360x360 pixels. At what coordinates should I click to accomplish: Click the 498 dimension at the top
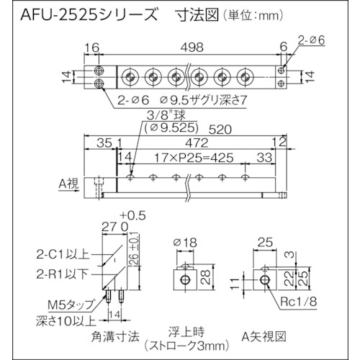click(x=192, y=48)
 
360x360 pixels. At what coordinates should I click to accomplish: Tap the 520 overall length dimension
click(x=220, y=130)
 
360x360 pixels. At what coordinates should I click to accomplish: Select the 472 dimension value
click(x=197, y=143)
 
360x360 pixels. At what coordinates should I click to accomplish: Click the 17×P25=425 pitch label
click(x=194, y=158)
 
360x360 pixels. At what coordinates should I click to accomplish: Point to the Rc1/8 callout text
click(x=298, y=302)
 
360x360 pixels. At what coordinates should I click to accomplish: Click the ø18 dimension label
click(x=186, y=243)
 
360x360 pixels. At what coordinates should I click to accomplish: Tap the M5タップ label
click(x=71, y=305)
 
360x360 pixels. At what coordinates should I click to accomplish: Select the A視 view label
click(x=69, y=184)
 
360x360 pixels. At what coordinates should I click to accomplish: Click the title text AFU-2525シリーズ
click(x=89, y=16)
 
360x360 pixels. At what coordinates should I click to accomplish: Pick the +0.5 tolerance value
click(x=132, y=216)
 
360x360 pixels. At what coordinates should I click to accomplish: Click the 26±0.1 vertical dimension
click(x=135, y=250)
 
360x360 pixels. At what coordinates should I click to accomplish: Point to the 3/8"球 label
click(x=166, y=116)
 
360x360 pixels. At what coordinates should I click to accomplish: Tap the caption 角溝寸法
click(x=115, y=336)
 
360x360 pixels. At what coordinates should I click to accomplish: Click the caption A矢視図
click(x=264, y=336)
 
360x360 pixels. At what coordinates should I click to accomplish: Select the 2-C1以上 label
click(x=63, y=254)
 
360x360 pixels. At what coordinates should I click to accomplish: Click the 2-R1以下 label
click(x=63, y=274)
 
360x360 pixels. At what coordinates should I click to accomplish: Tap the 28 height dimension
click(x=206, y=277)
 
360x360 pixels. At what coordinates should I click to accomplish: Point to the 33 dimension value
click(x=264, y=158)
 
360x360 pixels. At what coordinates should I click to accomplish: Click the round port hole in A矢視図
click(x=265, y=279)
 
